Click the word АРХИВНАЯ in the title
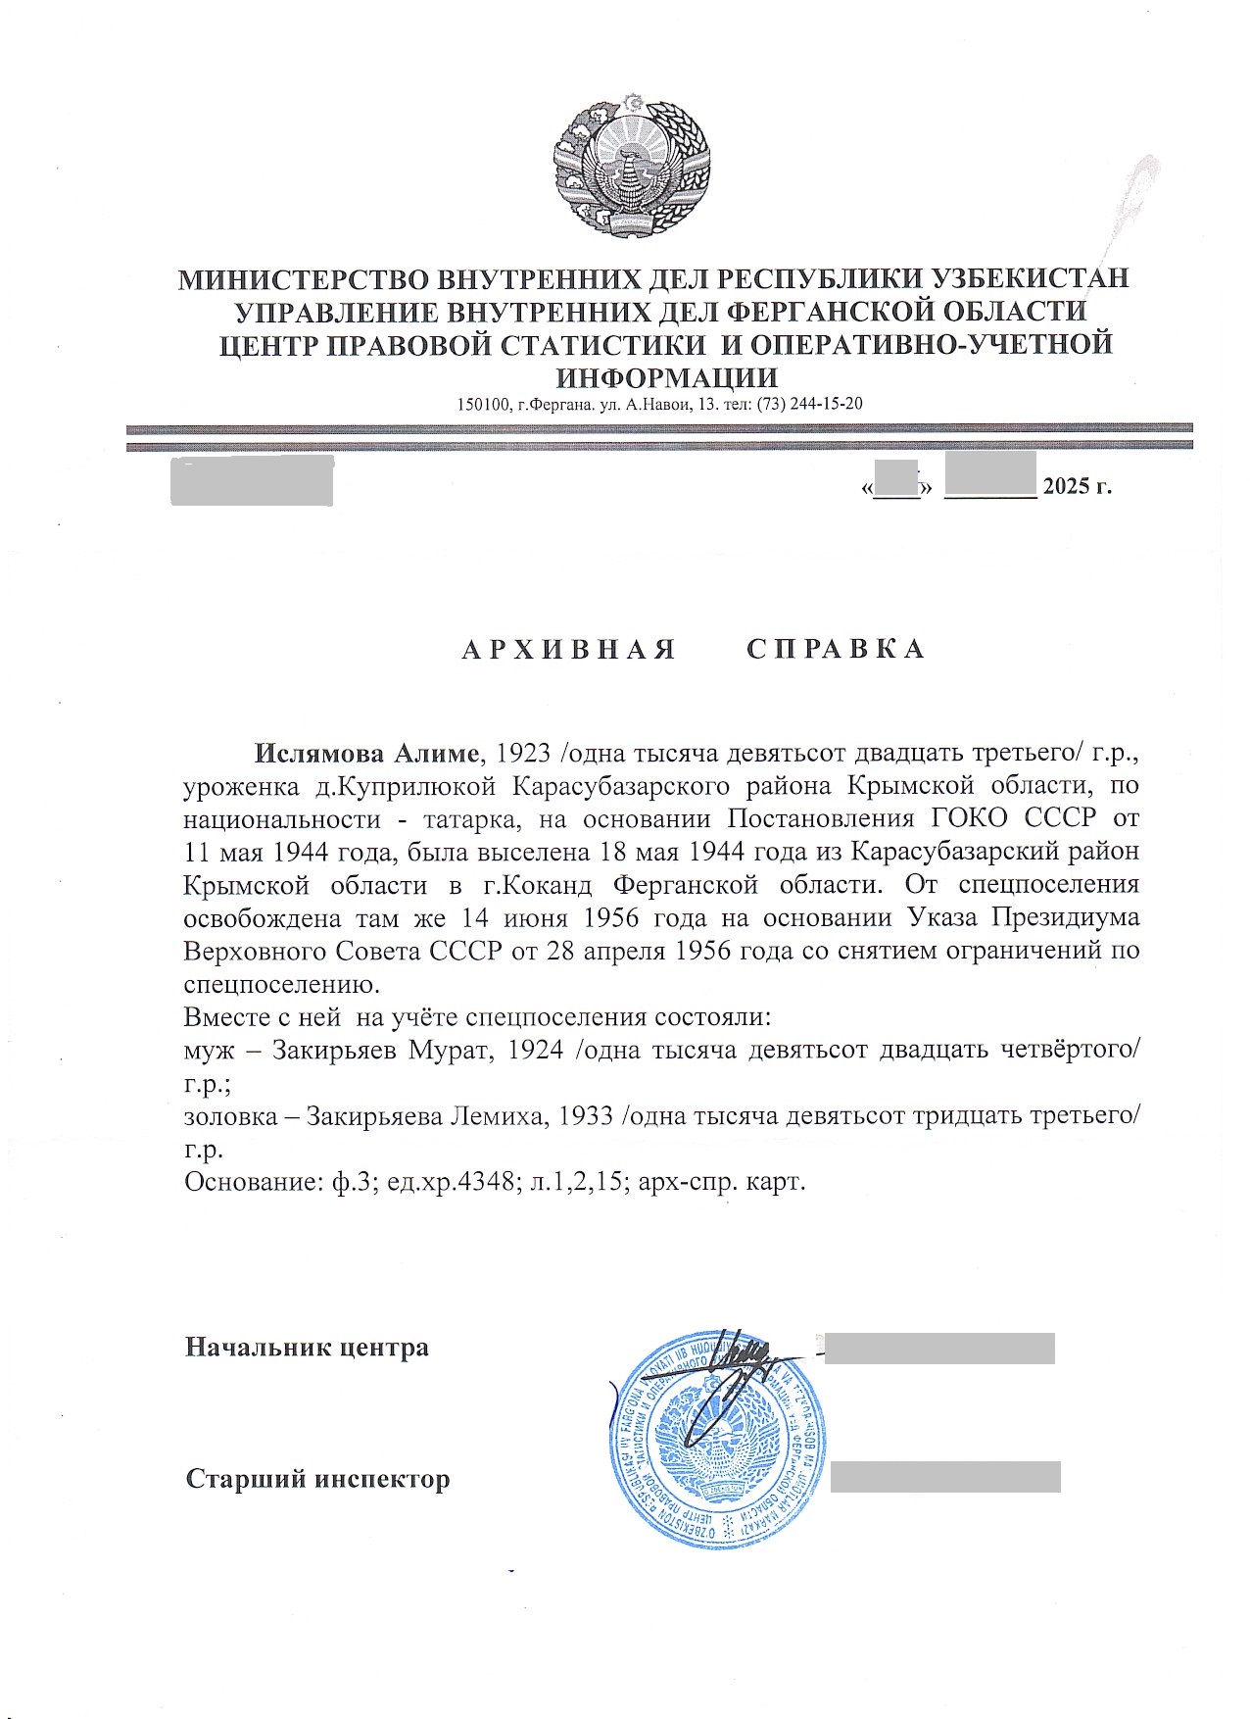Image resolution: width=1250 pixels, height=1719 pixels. (x=569, y=650)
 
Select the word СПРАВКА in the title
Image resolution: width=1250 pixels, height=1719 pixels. (x=836, y=650)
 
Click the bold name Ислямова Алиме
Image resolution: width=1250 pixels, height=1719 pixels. (x=368, y=754)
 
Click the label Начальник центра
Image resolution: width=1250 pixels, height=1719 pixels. (x=307, y=1348)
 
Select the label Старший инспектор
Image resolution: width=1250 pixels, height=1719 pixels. (x=317, y=1478)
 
